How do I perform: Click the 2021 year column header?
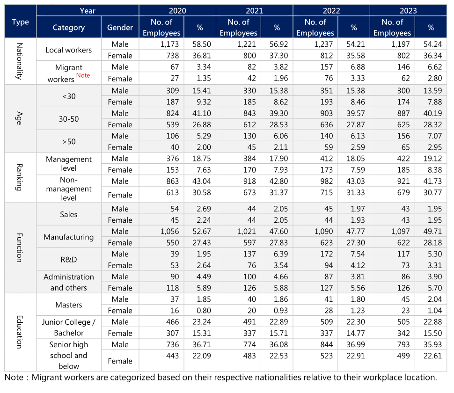(254, 11)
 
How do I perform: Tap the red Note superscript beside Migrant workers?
(83, 75)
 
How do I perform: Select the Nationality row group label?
(19, 61)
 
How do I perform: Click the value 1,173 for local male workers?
(170, 44)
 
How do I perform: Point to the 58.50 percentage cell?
(202, 44)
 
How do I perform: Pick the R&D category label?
(69, 260)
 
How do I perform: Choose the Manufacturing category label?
(69, 237)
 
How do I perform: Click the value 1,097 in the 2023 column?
(401, 232)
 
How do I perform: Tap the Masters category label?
(69, 305)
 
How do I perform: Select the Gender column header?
(120, 28)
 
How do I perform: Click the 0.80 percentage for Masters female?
(204, 311)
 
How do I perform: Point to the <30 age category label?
(69, 96)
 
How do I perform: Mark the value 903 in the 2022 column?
(327, 113)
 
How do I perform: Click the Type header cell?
(20, 22)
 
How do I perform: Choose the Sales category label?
(69, 214)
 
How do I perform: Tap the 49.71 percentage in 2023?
(432, 232)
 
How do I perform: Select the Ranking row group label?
(19, 177)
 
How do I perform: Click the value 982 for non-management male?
(327, 181)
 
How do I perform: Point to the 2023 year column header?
(408, 11)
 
